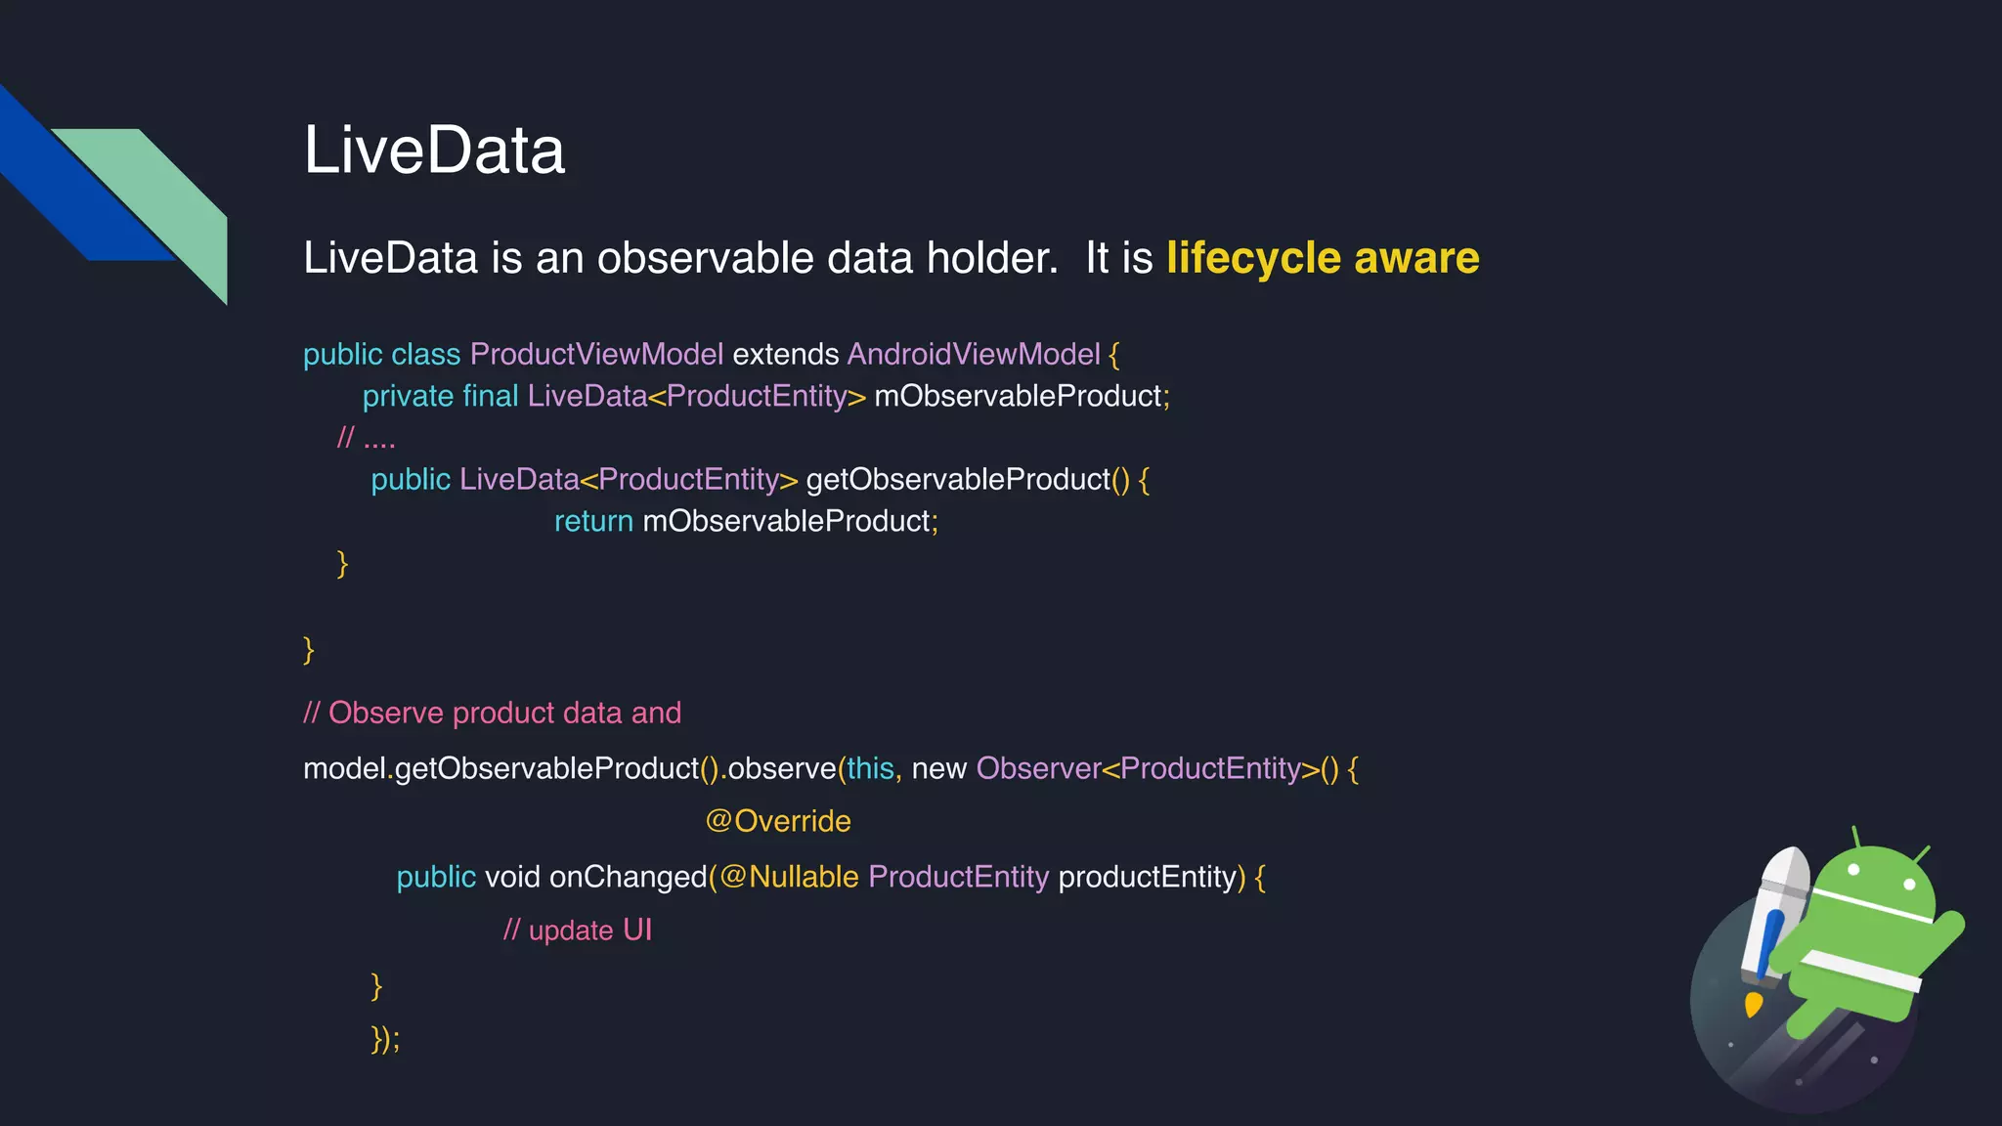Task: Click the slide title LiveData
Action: [x=434, y=151]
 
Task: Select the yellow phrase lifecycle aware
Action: [x=1323, y=258]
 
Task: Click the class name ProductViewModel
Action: [x=596, y=354]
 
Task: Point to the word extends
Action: [x=786, y=354]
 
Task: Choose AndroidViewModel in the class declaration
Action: [x=974, y=354]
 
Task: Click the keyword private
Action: [x=408, y=396]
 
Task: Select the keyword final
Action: [x=490, y=396]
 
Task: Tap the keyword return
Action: [x=593, y=521]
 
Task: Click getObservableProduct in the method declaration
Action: [x=958, y=479]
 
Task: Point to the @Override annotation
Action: [x=778, y=821]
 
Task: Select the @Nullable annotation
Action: [x=789, y=877]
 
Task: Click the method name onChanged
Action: [x=628, y=877]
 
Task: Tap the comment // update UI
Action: [x=577, y=930]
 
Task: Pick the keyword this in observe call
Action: [x=870, y=768]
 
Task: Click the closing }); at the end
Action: [x=385, y=1038]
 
